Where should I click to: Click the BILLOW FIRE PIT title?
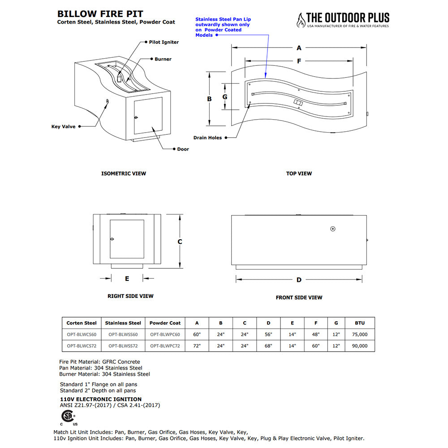pyautogui.click(x=100, y=14)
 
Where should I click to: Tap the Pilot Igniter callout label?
pyautogui.click(x=164, y=42)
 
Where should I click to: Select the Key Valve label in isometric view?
pyautogui.click(x=64, y=127)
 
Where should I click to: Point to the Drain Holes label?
pyautogui.click(x=207, y=138)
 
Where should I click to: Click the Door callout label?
pyautogui.click(x=183, y=149)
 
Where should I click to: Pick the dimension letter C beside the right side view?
pyautogui.click(x=180, y=242)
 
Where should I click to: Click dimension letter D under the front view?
pyautogui.click(x=299, y=280)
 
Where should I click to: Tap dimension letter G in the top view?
pyautogui.click(x=225, y=97)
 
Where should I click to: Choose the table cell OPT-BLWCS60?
pyautogui.click(x=82, y=334)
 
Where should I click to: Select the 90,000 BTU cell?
pyautogui.click(x=360, y=346)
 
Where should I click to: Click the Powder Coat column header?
pyautogui.click(x=165, y=323)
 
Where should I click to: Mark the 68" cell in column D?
pyautogui.click(x=268, y=346)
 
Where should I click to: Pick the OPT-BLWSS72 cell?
pyautogui.click(x=123, y=346)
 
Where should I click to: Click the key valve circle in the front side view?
pyautogui.click(x=332, y=229)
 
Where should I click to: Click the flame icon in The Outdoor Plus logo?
pyautogui.click(x=301, y=20)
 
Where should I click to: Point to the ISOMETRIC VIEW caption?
pyautogui.click(x=124, y=173)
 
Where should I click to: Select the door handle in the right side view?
pyautogui.click(x=112, y=239)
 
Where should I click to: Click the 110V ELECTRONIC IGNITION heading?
pyautogui.click(x=100, y=399)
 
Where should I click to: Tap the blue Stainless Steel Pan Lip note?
pyautogui.click(x=223, y=27)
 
